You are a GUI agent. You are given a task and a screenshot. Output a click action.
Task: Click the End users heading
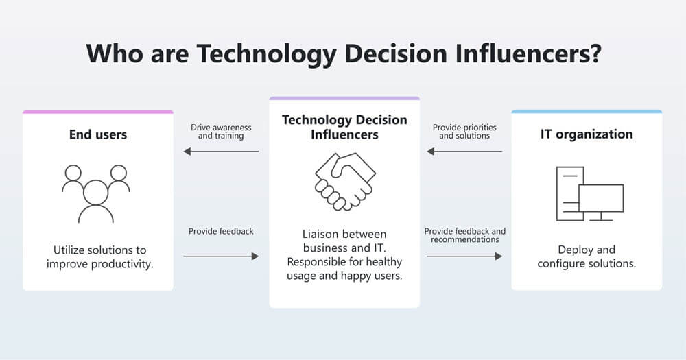click(x=97, y=134)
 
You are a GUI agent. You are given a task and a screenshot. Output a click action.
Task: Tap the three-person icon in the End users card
click(x=95, y=193)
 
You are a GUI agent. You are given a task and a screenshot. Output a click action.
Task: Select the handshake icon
click(x=344, y=181)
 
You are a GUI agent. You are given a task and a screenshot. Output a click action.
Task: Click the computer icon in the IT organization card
click(x=589, y=193)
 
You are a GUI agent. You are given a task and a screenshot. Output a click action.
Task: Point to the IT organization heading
click(x=587, y=134)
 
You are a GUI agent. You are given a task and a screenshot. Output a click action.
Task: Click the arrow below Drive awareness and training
click(x=221, y=152)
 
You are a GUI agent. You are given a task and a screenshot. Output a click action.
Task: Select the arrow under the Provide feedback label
click(x=221, y=256)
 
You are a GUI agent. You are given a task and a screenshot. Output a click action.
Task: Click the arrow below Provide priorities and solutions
click(x=464, y=152)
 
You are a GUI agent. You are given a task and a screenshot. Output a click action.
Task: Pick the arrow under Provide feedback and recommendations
click(x=464, y=256)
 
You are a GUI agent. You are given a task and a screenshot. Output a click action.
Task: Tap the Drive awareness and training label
click(x=221, y=132)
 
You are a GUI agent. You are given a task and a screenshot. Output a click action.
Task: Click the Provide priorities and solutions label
click(x=464, y=132)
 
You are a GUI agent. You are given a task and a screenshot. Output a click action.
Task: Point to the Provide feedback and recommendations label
click(x=464, y=235)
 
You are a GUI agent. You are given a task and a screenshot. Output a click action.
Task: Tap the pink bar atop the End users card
click(x=97, y=112)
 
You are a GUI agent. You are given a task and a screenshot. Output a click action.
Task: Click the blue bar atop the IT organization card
click(x=587, y=112)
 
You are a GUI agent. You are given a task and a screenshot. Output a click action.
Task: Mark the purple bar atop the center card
click(x=344, y=98)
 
